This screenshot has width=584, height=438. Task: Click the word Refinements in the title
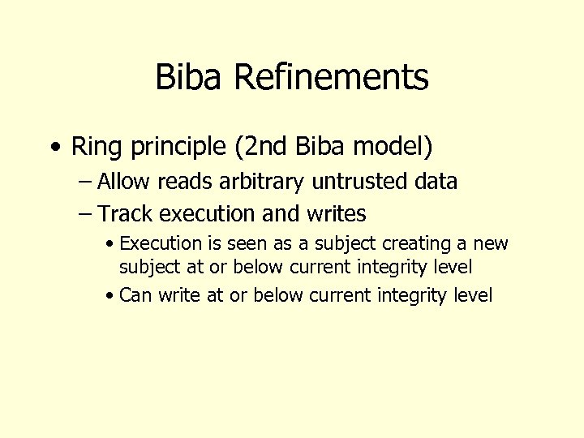[330, 78]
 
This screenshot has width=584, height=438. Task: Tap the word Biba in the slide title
[189, 78]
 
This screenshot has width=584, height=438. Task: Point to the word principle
[162, 148]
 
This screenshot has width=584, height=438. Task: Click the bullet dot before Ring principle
[54, 148]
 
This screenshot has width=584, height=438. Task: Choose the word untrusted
[362, 182]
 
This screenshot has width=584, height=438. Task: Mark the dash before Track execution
[84, 214]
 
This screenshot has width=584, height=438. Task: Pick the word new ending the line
[489, 243]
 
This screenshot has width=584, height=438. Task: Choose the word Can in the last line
[135, 295]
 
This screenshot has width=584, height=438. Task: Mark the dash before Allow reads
[84, 182]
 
